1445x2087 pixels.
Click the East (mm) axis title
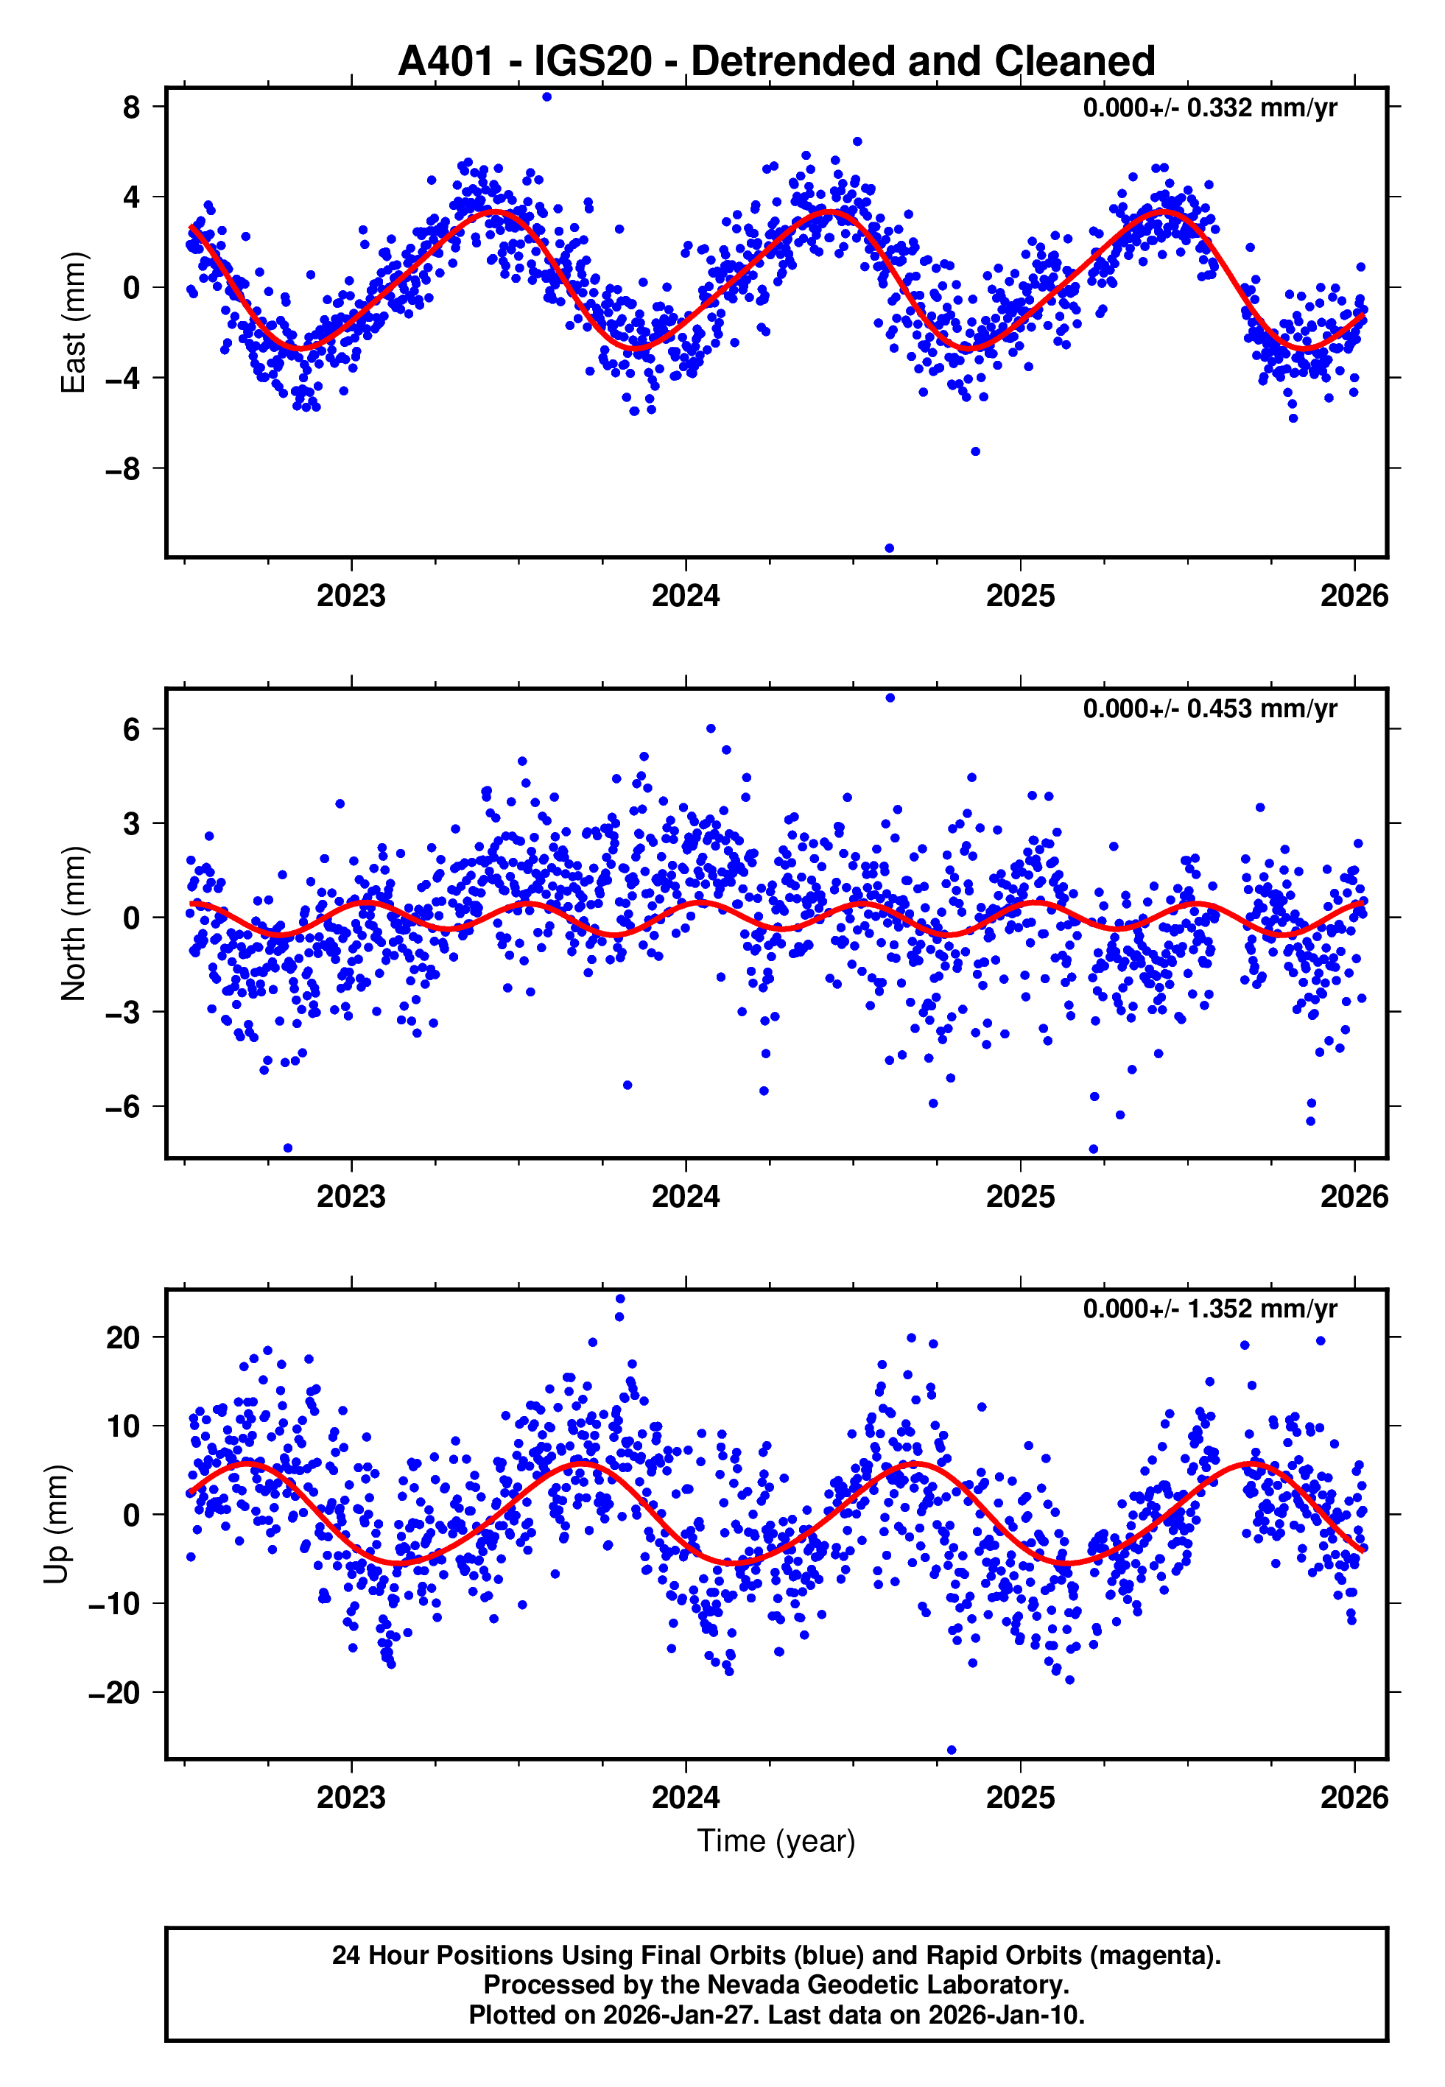click(74, 323)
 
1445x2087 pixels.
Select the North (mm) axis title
click(74, 923)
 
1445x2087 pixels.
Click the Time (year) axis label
click(776, 1842)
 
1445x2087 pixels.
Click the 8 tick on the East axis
click(132, 108)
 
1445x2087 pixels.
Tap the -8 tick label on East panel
click(123, 470)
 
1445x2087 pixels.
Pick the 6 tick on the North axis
click(132, 730)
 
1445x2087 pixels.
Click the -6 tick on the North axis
click(123, 1107)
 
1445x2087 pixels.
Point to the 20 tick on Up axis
click(123, 1337)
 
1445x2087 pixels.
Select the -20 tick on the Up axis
click(114, 1692)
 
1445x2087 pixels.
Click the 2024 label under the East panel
click(686, 596)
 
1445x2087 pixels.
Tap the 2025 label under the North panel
click(1020, 1197)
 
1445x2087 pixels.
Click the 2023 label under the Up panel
click(351, 1798)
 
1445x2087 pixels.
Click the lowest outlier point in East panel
click(889, 549)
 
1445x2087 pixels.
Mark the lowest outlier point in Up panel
click(952, 1750)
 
